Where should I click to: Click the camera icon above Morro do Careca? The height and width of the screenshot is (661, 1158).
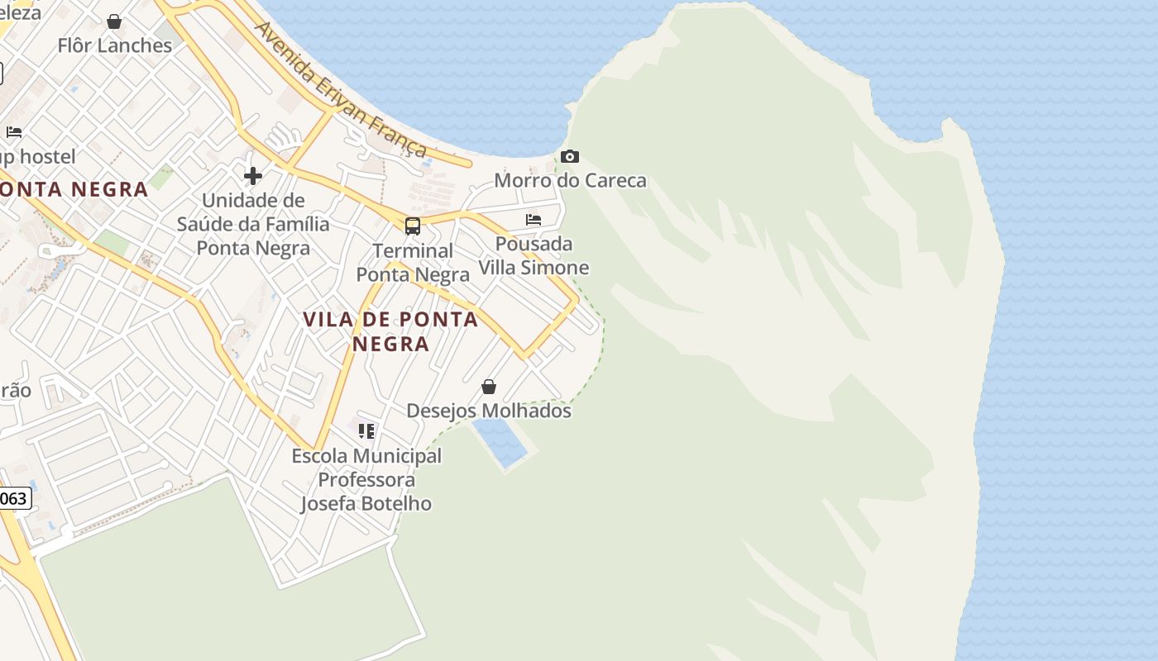pos(569,156)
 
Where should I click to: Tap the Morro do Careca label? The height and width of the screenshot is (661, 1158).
pos(570,180)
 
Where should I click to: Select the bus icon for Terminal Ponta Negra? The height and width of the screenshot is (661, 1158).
pos(412,226)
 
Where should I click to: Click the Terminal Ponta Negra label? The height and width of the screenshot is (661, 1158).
pos(412,262)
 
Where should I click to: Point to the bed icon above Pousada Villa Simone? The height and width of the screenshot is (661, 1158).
pos(534,220)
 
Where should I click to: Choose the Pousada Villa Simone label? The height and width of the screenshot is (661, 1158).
pos(534,255)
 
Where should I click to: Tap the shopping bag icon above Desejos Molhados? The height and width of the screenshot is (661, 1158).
pos(489,387)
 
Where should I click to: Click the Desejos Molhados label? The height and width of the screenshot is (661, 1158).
pos(488,411)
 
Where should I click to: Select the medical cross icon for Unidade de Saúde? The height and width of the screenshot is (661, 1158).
pos(253,175)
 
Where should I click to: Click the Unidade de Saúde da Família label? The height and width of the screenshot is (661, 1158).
pos(253,224)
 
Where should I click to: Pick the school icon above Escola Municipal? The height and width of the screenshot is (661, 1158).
pos(366,430)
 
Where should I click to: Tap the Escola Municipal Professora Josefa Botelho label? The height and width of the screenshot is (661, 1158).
pos(366,479)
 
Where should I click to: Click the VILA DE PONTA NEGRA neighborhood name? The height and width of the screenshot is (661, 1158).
pos(390,331)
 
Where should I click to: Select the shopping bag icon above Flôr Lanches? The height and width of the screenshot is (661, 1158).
pos(114,21)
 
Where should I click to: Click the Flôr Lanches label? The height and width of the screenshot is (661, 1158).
pos(115,45)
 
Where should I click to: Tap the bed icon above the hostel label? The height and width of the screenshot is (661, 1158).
pos(14,132)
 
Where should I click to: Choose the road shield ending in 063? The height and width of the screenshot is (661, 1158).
pos(14,498)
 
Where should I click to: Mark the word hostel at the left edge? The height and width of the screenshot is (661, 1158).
pos(47,156)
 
